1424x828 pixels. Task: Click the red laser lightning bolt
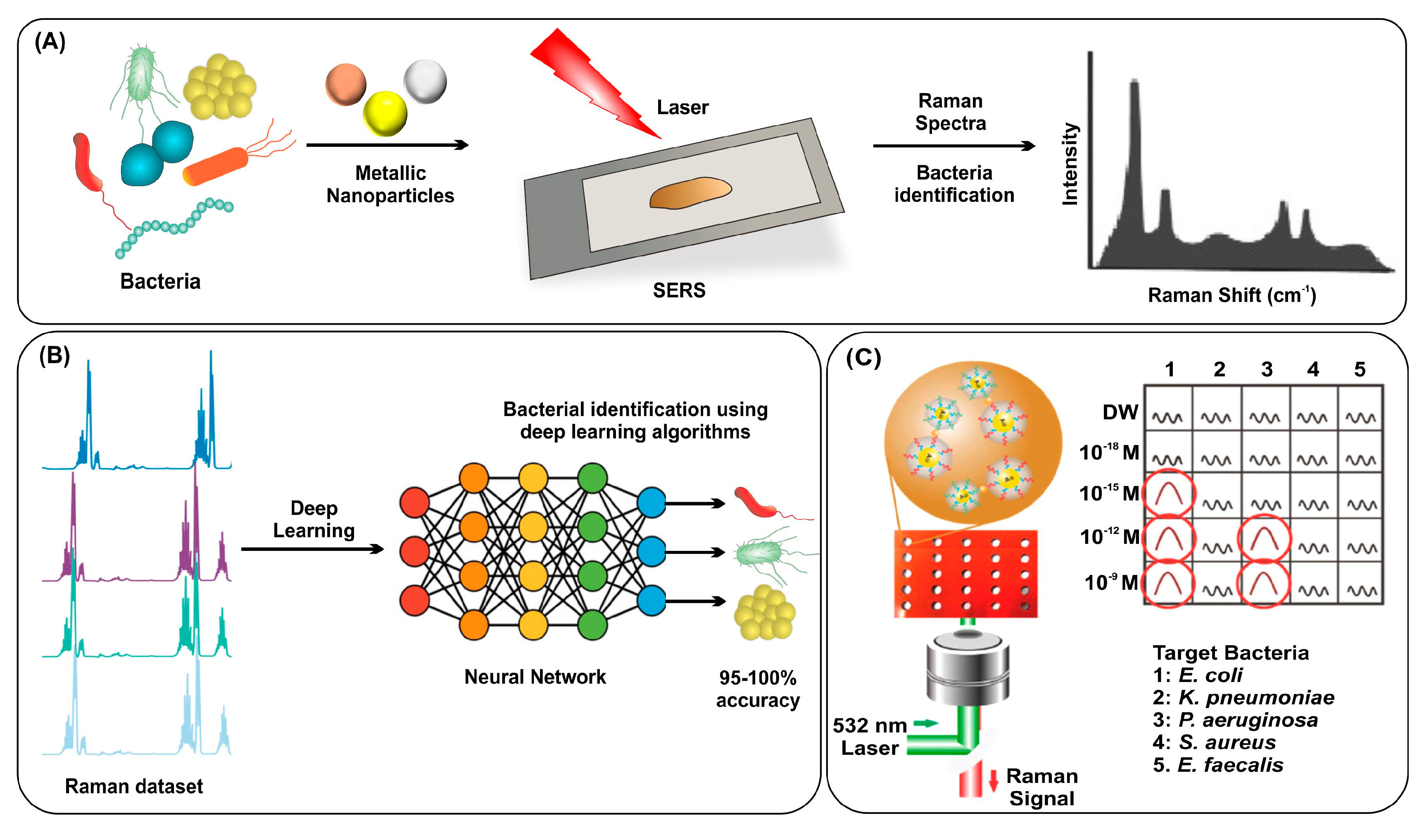(x=588, y=79)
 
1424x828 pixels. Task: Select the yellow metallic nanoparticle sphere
(x=385, y=113)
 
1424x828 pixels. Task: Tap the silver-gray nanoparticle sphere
(x=425, y=81)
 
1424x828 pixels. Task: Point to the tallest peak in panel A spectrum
(x=1134, y=91)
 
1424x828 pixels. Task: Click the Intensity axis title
(x=1070, y=164)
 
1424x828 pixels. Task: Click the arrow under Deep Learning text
(x=312, y=548)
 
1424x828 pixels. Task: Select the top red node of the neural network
(x=414, y=502)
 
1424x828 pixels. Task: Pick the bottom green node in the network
(x=592, y=625)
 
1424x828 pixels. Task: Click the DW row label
(x=1120, y=412)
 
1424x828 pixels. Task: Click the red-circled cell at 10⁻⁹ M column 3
(x=1264, y=583)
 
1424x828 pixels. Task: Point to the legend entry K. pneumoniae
(x=1243, y=697)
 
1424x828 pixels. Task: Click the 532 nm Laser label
(x=870, y=736)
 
